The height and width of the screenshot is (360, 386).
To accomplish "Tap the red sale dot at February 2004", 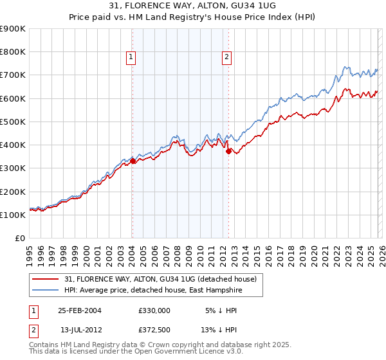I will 133,161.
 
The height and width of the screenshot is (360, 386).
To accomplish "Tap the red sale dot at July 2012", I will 228,152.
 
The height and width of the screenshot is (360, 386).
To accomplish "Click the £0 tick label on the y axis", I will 19,238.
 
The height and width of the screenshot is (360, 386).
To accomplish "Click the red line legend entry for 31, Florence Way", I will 161,279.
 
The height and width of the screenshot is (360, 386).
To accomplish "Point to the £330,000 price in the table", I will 154,310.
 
